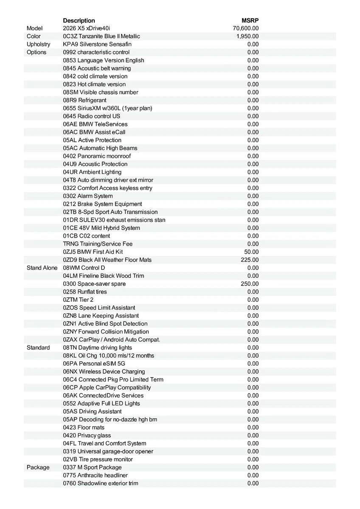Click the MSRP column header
250,20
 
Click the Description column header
79,20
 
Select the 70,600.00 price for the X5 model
246,28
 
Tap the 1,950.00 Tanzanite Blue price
247,36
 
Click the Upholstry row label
38,45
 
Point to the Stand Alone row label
42,268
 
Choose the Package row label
38,467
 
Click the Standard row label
38,348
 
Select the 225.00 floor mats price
250,260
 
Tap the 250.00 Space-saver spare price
250,284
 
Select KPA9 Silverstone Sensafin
97,45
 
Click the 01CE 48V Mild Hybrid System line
101,228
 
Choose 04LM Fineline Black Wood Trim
104,276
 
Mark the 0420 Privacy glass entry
87,436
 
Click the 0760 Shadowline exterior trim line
101,484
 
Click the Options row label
37,52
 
